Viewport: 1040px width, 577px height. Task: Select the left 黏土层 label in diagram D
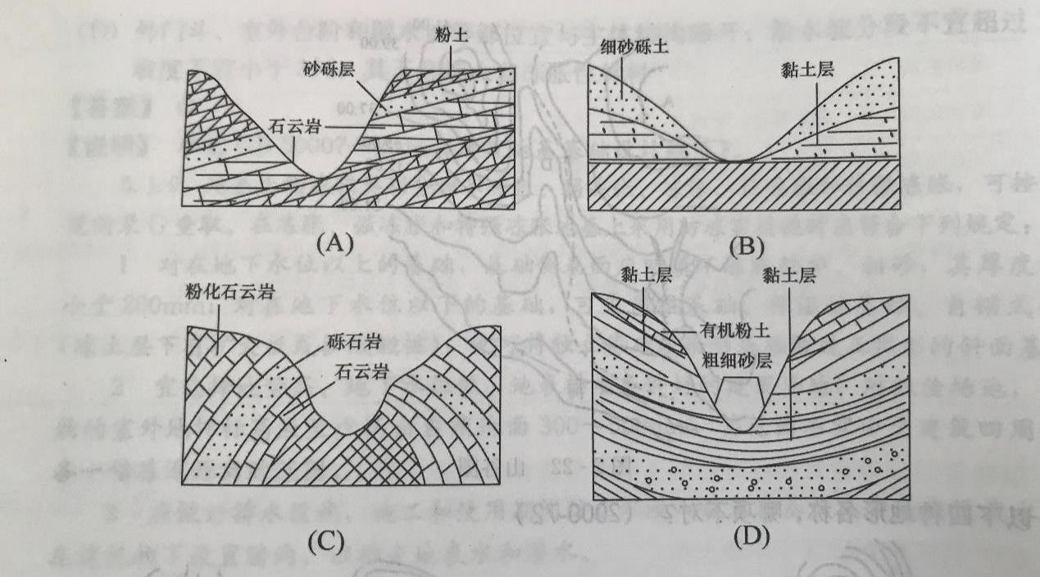[647, 277]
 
